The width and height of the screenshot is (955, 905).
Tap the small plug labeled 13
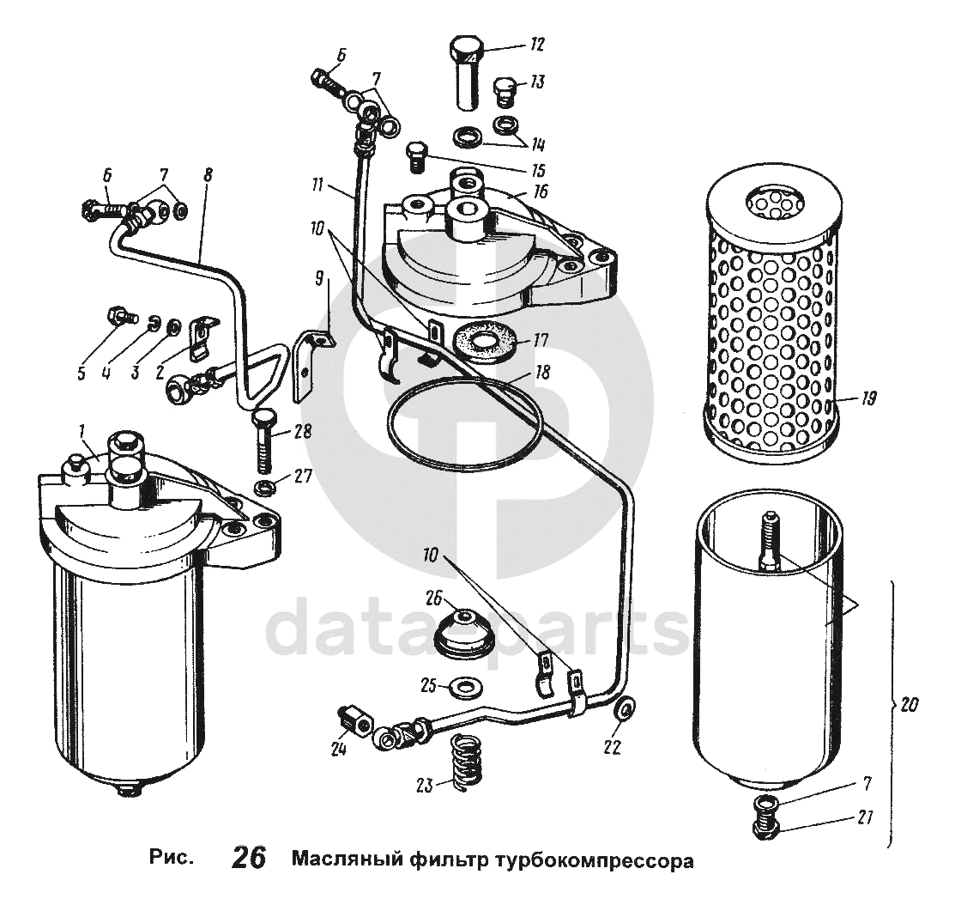pyautogui.click(x=506, y=89)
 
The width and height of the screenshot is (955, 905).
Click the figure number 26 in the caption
pyautogui.click(x=249, y=859)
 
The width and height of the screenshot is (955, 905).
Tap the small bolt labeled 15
pyautogui.click(x=416, y=156)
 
